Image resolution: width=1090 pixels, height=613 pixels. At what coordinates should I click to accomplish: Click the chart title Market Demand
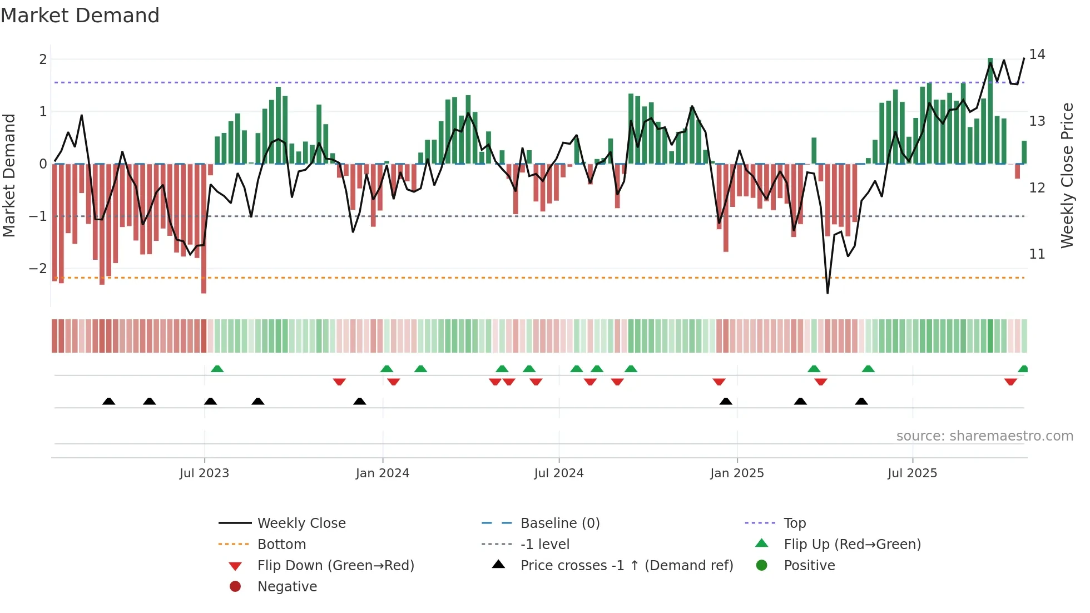tap(80, 16)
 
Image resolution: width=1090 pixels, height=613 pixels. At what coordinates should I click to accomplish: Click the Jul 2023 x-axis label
tap(204, 473)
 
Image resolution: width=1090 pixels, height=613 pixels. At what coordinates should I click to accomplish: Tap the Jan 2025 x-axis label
tap(737, 473)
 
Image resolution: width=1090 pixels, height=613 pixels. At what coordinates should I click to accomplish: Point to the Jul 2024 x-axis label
tap(559, 473)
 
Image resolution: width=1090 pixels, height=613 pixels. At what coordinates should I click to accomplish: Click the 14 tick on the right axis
tap(1037, 55)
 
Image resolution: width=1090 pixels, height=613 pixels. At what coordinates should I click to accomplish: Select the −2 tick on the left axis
tap(38, 268)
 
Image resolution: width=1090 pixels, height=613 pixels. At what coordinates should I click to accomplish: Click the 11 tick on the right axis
tap(1037, 254)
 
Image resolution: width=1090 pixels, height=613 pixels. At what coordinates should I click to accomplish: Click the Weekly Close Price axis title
tap(1067, 175)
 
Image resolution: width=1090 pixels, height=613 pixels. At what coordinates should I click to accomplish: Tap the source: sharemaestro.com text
tap(984, 436)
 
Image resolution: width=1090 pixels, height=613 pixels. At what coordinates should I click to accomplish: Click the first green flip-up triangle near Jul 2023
tap(217, 369)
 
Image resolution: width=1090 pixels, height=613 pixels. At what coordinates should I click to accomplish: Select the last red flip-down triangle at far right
tap(1010, 382)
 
